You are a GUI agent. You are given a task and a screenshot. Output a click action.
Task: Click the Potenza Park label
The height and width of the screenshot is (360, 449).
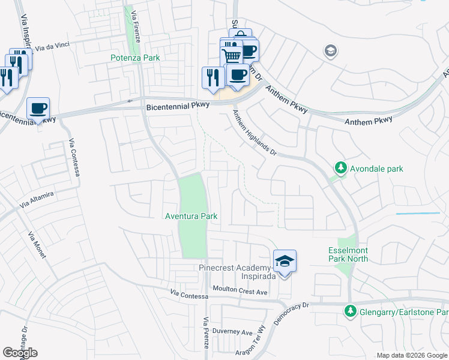coord(135,58)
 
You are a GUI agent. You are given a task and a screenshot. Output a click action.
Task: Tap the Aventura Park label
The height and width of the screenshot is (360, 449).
coord(191,216)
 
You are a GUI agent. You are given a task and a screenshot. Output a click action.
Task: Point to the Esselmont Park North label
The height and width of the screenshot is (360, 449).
coord(348,254)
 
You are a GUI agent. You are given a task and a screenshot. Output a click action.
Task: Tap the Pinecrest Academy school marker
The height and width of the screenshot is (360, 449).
coord(285,261)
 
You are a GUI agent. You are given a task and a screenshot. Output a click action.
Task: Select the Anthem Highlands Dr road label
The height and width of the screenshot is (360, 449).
coord(255,135)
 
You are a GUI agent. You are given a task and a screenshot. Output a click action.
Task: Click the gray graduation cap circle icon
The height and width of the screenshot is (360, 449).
coord(330,51)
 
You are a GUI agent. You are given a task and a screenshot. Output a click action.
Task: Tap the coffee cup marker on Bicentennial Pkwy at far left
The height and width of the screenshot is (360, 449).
coord(38,109)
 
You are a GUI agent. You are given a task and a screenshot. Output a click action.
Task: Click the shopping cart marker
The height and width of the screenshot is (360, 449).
coord(231,56)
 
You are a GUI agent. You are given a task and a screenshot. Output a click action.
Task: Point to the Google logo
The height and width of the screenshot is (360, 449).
coord(20,353)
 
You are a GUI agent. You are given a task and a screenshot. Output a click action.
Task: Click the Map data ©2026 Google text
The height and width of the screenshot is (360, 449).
coord(411,355)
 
